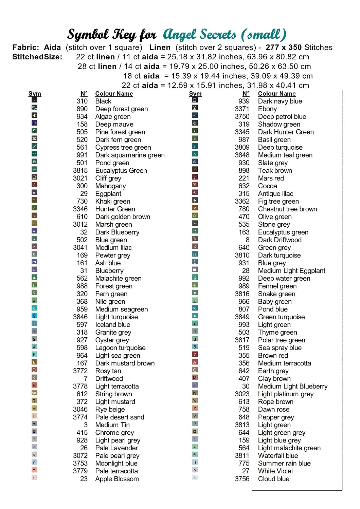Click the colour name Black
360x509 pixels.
pyautogui.click(x=103, y=101)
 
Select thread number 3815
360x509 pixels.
pyautogui.click(x=80, y=170)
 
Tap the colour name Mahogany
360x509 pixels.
pyautogui.click(x=110, y=186)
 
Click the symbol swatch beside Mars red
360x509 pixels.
pyautogui.click(x=195, y=177)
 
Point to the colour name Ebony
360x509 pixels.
pyautogui.click(x=267, y=109)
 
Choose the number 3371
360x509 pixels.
pyautogui.click(x=242, y=109)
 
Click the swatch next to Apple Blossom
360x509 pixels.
pyautogui.click(x=34, y=477)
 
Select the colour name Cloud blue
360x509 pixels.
pyautogui.click(x=274, y=479)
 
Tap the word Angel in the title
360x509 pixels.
pyautogui.click(x=180, y=34)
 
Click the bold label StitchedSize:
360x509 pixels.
pyautogui.click(x=37, y=57)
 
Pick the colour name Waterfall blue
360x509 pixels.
pyautogui.click(x=278, y=456)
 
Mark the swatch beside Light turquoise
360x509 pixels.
pyautogui.click(x=34, y=316)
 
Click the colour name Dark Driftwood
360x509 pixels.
pyautogui.click(x=280, y=240)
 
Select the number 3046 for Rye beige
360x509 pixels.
pyautogui.click(x=80, y=409)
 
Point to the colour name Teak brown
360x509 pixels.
pyautogui.click(x=275, y=170)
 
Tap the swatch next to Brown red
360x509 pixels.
pyautogui.click(x=195, y=354)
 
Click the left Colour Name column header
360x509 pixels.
pyautogui.click(x=114, y=94)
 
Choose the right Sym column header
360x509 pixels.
pyautogui.click(x=195, y=94)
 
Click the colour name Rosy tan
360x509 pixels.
pyautogui.click(x=108, y=371)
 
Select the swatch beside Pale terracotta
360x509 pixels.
pyautogui.click(x=34, y=470)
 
